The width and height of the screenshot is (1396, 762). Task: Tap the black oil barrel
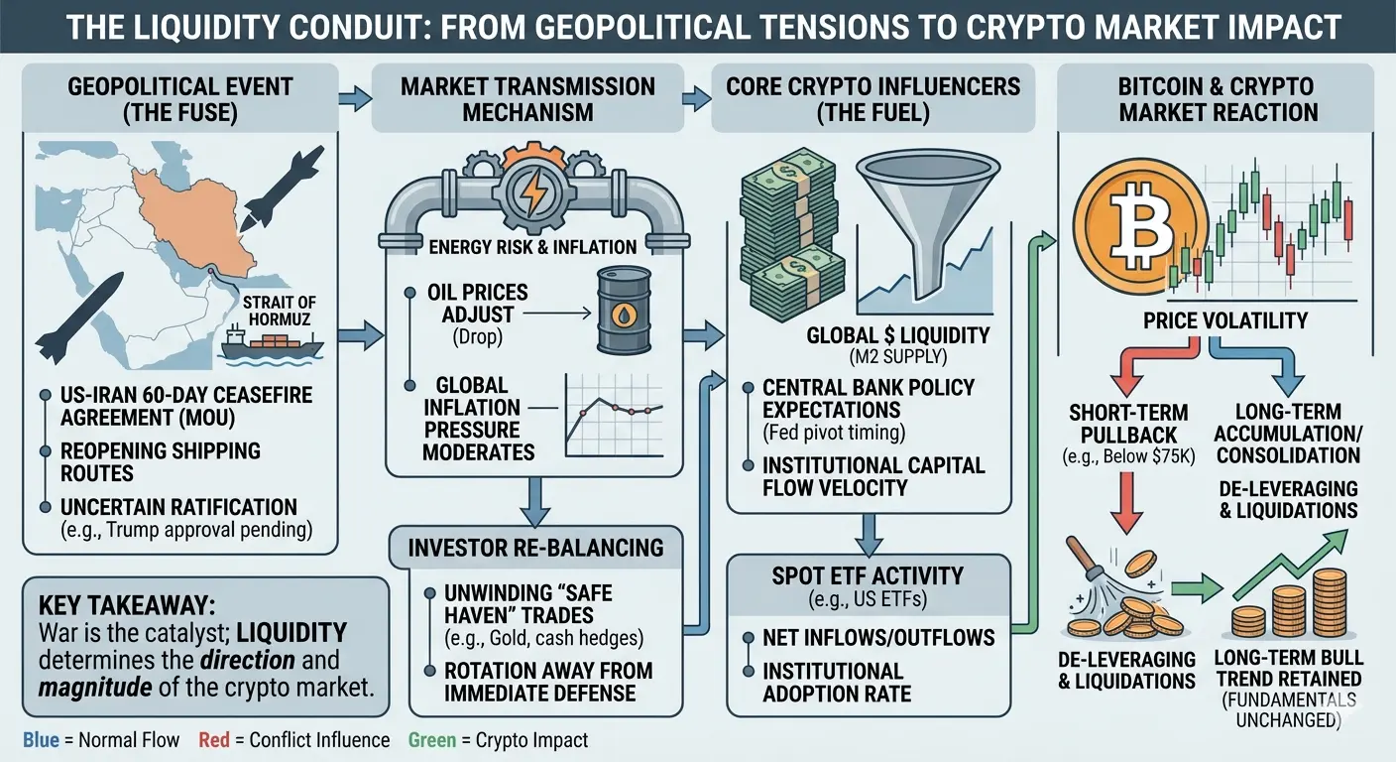624,310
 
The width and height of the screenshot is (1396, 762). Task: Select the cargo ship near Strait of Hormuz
272,346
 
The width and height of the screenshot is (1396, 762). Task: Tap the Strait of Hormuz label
280,312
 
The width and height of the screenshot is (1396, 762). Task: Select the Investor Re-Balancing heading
536,548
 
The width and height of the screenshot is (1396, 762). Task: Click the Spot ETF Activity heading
869,575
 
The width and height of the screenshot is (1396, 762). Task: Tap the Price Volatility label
1225,320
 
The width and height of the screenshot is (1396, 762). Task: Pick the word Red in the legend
214,740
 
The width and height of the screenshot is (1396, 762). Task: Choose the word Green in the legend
432,740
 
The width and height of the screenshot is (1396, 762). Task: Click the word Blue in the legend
41,740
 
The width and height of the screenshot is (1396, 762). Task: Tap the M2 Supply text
898,356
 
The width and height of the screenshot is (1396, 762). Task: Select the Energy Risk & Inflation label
532,247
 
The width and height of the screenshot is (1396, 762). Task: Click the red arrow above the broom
1126,502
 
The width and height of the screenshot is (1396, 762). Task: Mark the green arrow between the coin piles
1197,588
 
